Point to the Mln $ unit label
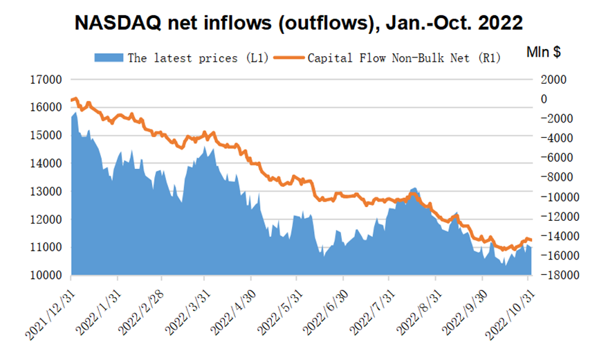pyautogui.click(x=542, y=52)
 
